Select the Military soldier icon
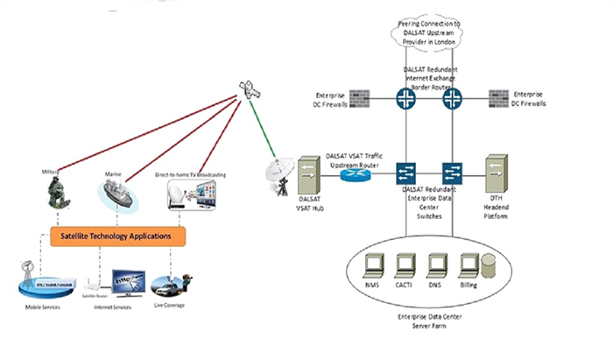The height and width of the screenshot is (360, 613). click(x=59, y=191)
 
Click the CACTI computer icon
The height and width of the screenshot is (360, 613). click(x=405, y=261)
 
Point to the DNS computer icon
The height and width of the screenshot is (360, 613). click(x=436, y=261)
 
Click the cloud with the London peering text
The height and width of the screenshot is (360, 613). click(x=430, y=32)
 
